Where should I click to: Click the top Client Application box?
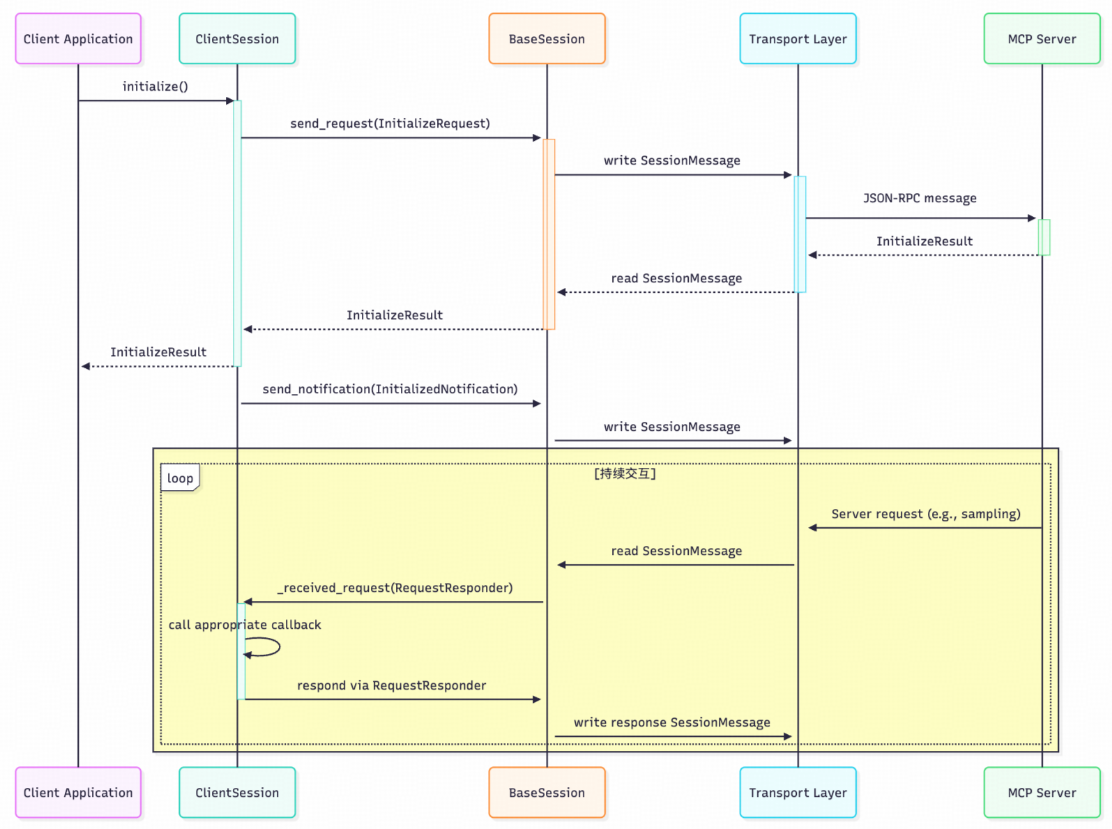pyautogui.click(x=78, y=39)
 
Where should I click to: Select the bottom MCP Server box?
pyautogui.click(x=1042, y=793)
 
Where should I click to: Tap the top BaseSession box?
pyautogui.click(x=547, y=39)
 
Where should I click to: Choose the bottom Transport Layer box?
pyautogui.click(x=798, y=793)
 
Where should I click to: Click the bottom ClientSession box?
pyautogui.click(x=237, y=793)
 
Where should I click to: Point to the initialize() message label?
pyautogui.click(x=155, y=86)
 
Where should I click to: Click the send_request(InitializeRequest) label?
pyautogui.click(x=390, y=123)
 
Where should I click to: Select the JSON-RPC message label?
pyautogui.click(x=920, y=198)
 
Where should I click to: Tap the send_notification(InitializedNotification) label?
pyautogui.click(x=390, y=389)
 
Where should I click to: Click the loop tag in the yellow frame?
pyautogui.click(x=180, y=478)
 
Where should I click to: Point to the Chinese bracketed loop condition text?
pyautogui.click(x=625, y=474)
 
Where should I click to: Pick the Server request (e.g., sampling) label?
pyautogui.click(x=925, y=514)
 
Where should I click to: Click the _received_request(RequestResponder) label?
pyautogui.click(x=395, y=588)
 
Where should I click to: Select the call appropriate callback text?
pyautogui.click(x=245, y=625)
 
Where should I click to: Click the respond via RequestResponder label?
pyautogui.click(x=391, y=685)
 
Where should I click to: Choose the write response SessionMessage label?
pyautogui.click(x=671, y=722)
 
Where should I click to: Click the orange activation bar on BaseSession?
pyautogui.click(x=549, y=234)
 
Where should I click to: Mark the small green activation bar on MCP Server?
pyautogui.click(x=1044, y=237)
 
